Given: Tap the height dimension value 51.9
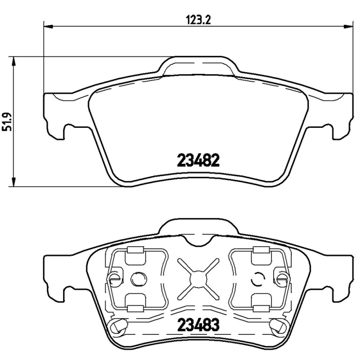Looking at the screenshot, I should coord(6,121).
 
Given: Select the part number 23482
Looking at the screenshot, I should coord(198,160).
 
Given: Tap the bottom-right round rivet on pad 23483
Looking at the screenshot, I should coord(276,325).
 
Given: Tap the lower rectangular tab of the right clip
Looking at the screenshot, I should coord(260,308).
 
